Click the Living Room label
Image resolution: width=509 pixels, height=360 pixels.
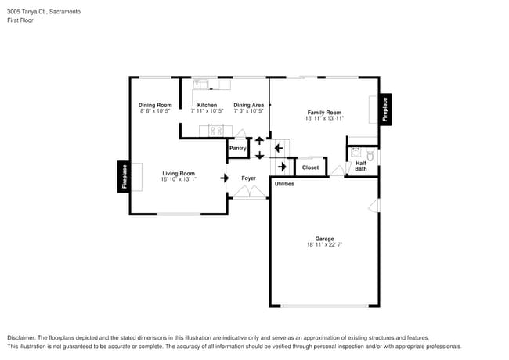(179, 173)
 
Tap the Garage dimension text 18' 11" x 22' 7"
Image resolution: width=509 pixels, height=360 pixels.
(324, 245)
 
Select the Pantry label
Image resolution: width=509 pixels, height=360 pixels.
(238, 148)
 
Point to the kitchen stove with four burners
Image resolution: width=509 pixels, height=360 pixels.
(216, 130)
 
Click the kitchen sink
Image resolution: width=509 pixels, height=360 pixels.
(202, 84)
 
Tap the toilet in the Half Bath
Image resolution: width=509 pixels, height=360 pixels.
(370, 156)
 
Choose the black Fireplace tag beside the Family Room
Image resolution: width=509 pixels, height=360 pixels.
(384, 109)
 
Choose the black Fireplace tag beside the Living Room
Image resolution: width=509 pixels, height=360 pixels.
(124, 176)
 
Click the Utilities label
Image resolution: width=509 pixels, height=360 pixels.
(284, 184)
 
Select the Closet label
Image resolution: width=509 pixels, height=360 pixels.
(311, 167)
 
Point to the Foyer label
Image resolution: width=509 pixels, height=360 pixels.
(248, 178)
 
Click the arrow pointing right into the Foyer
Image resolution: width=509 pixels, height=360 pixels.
(225, 178)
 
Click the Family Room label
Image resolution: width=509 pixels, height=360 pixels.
(325, 113)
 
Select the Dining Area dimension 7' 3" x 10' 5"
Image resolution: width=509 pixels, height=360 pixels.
(248, 111)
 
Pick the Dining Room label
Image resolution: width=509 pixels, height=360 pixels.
(155, 105)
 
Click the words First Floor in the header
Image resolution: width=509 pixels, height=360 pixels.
(20, 20)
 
